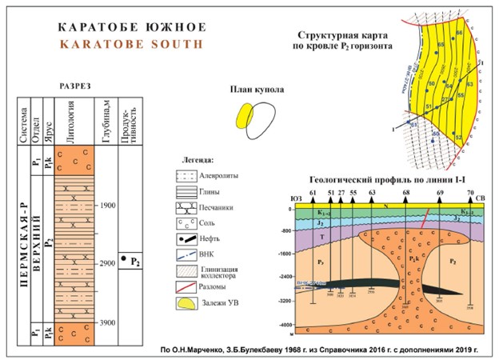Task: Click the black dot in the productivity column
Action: [x=125, y=258]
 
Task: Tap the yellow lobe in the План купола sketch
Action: [x=242, y=117]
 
